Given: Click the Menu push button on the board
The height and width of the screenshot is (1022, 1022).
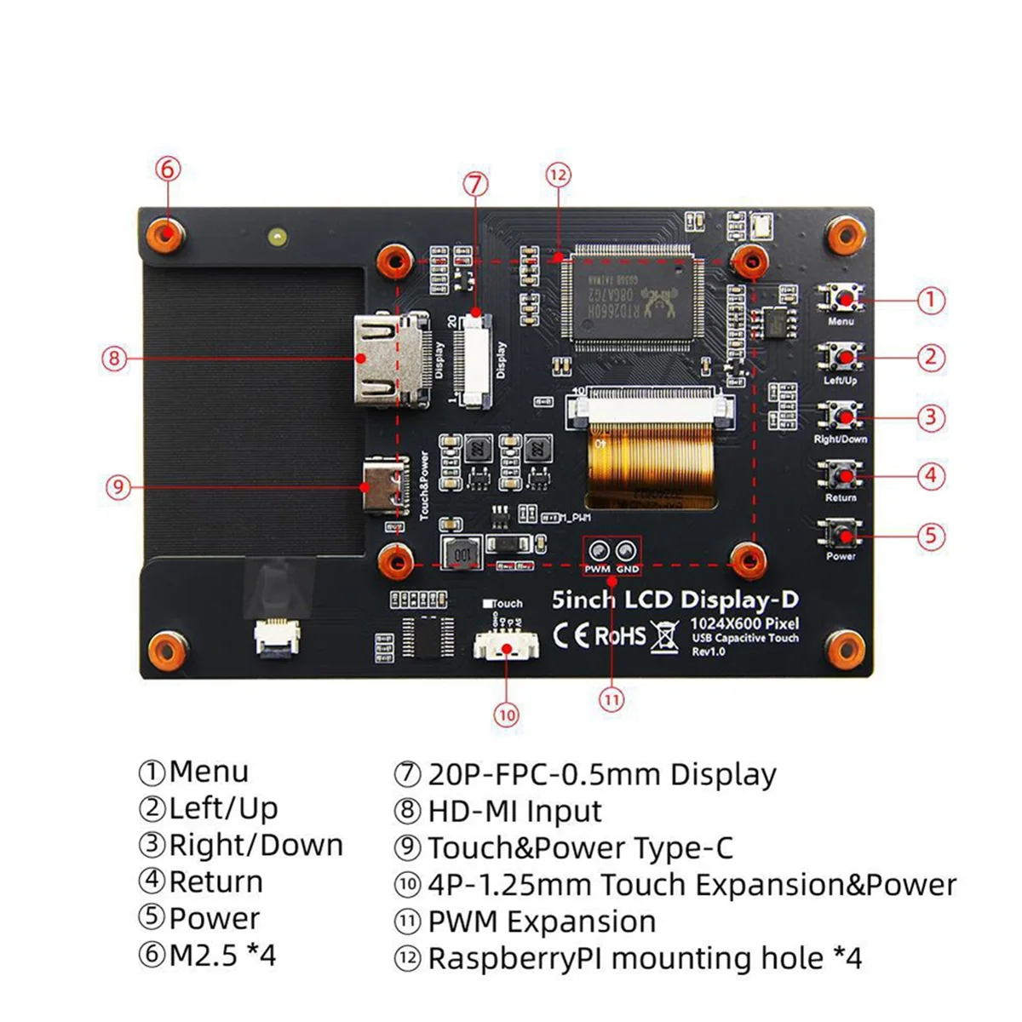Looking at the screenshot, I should click(x=841, y=299).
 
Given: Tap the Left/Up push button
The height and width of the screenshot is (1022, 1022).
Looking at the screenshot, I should click(x=841, y=357).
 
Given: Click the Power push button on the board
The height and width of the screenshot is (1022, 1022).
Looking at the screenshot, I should click(x=841, y=535).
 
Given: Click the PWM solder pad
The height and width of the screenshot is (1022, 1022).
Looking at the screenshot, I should click(x=598, y=550).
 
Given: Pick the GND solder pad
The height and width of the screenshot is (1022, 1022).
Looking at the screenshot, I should click(x=627, y=550).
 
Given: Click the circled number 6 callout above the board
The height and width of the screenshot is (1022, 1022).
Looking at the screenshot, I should click(x=168, y=169).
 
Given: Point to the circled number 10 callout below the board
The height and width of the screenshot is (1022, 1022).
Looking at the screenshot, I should click(x=507, y=715).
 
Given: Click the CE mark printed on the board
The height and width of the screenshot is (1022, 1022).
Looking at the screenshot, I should click(x=571, y=635).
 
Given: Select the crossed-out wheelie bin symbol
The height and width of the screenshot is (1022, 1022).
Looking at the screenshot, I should click(x=665, y=636).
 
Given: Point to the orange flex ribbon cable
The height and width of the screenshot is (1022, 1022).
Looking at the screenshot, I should click(x=651, y=464).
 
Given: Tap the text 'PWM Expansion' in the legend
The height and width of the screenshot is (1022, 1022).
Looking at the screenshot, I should click(x=542, y=922).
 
